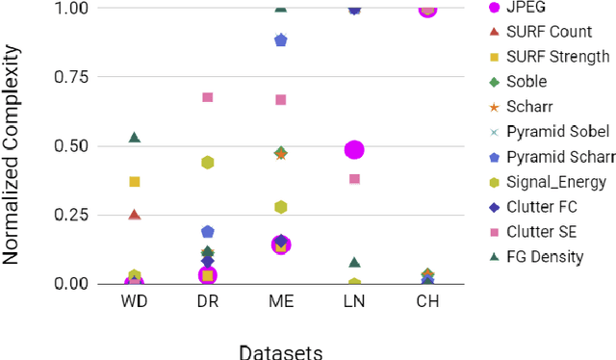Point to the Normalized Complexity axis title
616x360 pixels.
14,144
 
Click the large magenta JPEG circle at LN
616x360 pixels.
354,150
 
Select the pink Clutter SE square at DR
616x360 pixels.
207,97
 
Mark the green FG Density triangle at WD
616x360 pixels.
135,138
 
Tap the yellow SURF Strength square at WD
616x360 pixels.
135,181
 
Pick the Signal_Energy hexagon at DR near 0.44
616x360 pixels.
207,163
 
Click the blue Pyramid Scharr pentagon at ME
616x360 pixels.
281,40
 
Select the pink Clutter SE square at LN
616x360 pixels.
354,179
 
